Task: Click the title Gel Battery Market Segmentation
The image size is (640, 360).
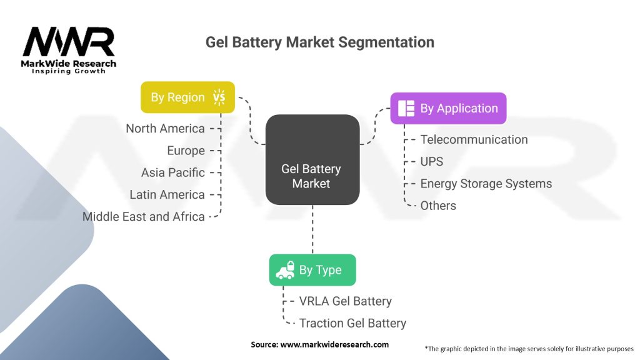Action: coord(319,42)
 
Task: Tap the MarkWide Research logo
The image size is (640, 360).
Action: coord(69,51)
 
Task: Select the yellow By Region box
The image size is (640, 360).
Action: coord(187,97)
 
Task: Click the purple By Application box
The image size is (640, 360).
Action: coord(448,108)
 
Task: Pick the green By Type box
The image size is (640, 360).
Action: coord(312,270)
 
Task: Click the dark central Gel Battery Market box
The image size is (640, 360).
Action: coord(312,160)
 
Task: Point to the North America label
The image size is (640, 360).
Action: coord(165,129)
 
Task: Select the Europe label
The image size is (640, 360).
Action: coord(186,151)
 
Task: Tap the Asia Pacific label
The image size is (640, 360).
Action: coord(172,172)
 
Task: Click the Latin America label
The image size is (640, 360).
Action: coord(167,194)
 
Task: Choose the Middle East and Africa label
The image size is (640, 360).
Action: coord(144,216)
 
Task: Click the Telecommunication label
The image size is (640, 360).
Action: coord(474,139)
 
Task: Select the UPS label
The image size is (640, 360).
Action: coord(431,161)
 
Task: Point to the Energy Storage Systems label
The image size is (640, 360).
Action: coord(486,183)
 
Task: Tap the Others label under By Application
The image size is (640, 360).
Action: coord(438,205)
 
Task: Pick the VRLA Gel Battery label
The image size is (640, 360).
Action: coord(345,301)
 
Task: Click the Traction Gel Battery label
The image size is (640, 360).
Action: coord(352,323)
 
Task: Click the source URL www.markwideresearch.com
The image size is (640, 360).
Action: coord(319,344)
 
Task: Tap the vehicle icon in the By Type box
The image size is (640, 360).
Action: coord(286,270)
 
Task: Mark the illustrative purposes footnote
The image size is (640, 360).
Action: coord(529,348)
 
